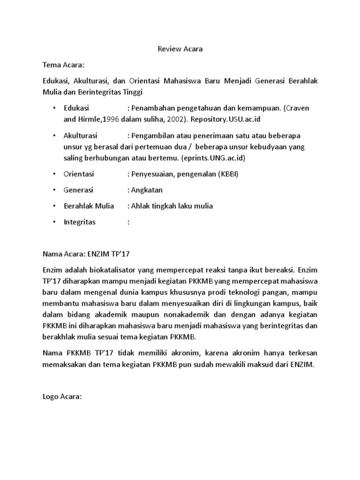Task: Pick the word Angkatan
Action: pos(148,190)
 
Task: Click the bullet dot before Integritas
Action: pos(54,222)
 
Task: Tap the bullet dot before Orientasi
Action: pos(54,174)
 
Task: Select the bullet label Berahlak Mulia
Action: pos(89,206)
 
